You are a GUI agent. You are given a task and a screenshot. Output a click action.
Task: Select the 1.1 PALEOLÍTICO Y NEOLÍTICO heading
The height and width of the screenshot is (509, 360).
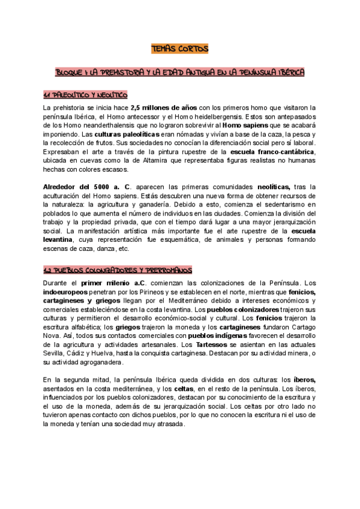(x=85, y=96)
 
